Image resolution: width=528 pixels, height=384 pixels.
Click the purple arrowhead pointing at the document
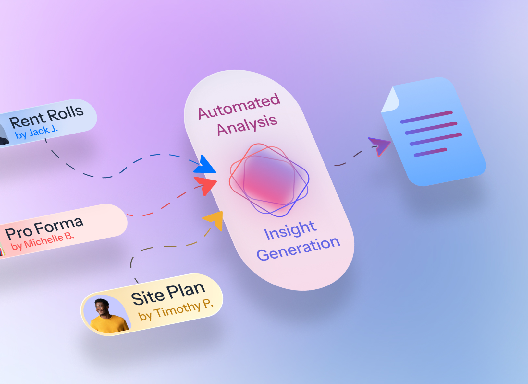tap(380, 145)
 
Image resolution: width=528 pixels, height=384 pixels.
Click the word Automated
tap(239, 106)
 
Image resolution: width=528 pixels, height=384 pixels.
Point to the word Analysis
tap(247, 125)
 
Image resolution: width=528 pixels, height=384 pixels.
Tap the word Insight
tap(290, 230)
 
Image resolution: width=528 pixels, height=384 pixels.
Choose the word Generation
tap(298, 249)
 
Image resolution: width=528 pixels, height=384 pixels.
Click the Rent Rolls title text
tap(46, 117)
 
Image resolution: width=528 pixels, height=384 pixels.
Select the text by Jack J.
tap(36, 133)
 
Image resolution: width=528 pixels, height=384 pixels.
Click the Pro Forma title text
tap(44, 227)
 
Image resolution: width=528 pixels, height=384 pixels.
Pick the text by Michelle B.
tap(43, 241)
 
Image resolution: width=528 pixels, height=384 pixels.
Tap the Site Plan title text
tap(168, 294)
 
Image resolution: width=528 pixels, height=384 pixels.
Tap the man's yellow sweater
tap(109, 324)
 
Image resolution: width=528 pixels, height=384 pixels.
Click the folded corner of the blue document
tap(389, 100)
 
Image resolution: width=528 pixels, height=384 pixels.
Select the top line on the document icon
tap(426, 117)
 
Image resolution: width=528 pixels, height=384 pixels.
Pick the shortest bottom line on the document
tap(430, 152)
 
